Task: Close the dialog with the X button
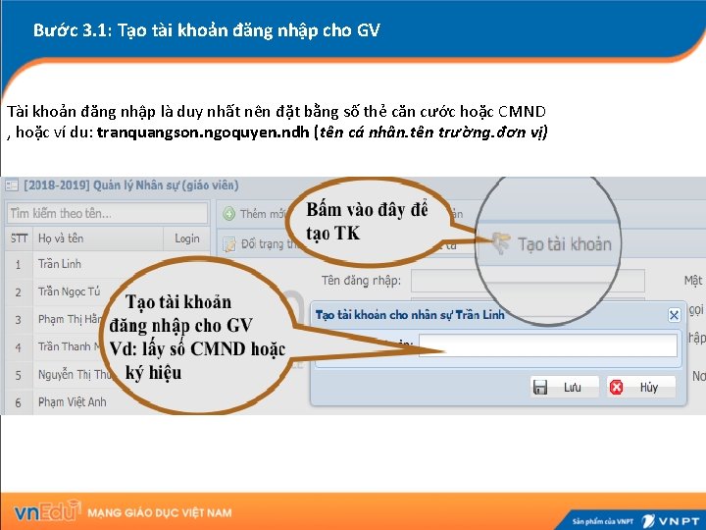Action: click(x=674, y=315)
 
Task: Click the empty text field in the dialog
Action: click(x=547, y=345)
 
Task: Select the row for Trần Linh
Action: click(x=60, y=264)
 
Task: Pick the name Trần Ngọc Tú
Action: click(x=69, y=291)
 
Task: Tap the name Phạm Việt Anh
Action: click(x=73, y=401)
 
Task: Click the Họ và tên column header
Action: click(x=61, y=238)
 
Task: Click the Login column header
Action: click(x=187, y=238)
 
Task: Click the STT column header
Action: click(x=19, y=238)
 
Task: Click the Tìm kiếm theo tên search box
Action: click(x=106, y=213)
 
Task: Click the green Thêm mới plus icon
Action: click(x=228, y=213)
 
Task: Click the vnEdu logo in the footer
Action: click(x=46, y=512)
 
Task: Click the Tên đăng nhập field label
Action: click(x=361, y=281)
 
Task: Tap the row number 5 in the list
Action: click(x=18, y=374)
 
